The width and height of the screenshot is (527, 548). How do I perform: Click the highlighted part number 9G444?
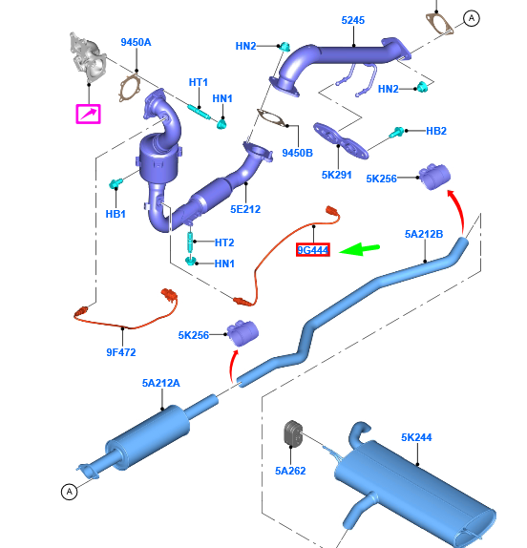[313, 250]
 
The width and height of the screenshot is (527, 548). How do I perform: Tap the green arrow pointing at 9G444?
[359, 249]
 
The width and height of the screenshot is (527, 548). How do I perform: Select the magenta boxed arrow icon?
[89, 114]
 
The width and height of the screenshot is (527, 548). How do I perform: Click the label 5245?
[353, 20]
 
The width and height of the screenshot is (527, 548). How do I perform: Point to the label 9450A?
[136, 42]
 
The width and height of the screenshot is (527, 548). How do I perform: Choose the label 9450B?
[298, 153]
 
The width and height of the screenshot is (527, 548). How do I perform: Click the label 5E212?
[245, 209]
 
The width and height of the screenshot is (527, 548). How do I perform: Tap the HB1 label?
[116, 214]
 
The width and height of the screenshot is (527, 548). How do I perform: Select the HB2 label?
[436, 131]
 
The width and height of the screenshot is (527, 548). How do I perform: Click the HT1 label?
[199, 82]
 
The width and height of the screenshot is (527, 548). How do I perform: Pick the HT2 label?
[224, 242]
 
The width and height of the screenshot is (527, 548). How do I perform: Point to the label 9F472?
[121, 352]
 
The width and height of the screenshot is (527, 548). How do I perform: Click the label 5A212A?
[161, 383]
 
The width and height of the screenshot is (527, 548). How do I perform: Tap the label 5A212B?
[424, 234]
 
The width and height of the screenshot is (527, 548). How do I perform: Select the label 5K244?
[416, 437]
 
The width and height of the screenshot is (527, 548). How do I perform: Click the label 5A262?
[290, 471]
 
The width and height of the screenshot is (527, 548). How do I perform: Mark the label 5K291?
[337, 175]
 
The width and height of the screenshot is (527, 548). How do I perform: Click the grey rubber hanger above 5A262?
[293, 433]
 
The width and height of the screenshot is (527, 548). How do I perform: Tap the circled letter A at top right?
[472, 18]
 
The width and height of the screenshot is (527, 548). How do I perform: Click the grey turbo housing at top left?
[88, 57]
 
